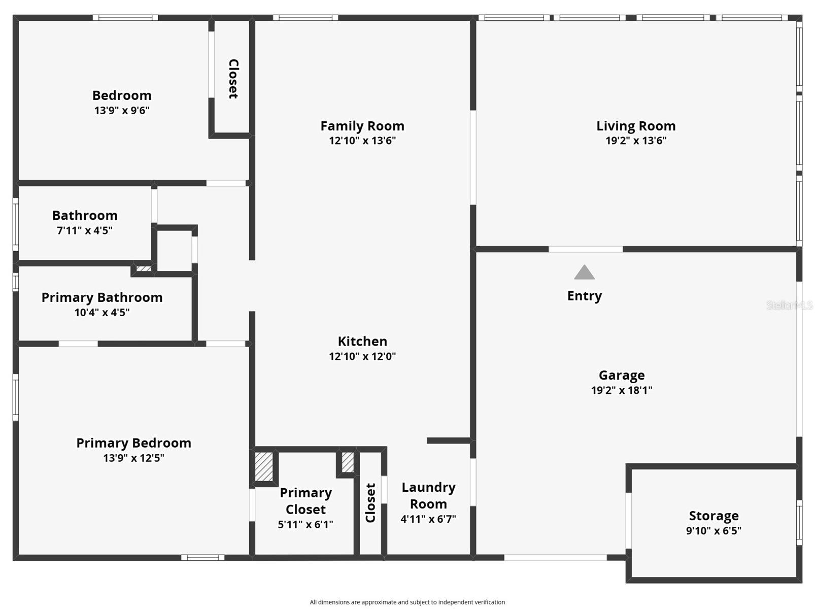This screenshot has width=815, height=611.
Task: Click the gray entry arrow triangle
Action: pos(584,273)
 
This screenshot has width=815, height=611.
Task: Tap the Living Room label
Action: pos(635,126)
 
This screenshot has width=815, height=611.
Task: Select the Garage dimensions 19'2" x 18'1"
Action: pos(621,390)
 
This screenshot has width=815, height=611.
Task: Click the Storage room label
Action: pos(714,516)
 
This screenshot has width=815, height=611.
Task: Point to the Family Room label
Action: pos(362,126)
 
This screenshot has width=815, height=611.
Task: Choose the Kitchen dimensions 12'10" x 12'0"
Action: pos(362,356)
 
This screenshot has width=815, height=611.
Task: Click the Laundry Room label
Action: pos(428,495)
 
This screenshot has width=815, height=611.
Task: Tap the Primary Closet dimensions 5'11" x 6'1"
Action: pos(305,524)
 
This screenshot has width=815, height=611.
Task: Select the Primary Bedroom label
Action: pos(133,443)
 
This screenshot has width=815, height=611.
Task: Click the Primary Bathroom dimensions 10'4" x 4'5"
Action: pos(102,313)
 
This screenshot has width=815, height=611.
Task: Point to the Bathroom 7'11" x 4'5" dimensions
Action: pos(84,230)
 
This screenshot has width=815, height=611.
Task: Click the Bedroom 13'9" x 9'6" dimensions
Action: pos(122,110)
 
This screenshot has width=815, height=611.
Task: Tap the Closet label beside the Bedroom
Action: pos(233,79)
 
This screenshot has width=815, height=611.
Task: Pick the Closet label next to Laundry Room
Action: pos(370,502)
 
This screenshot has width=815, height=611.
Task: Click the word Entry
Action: pos(584,296)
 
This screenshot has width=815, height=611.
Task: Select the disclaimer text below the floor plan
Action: pos(407,602)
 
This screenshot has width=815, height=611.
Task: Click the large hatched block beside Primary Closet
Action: pos(264,466)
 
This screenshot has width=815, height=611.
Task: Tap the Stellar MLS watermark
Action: pos(789,305)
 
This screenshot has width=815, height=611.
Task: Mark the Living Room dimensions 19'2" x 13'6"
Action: pos(635,141)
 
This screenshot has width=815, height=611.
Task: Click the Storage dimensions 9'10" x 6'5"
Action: pos(714,531)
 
